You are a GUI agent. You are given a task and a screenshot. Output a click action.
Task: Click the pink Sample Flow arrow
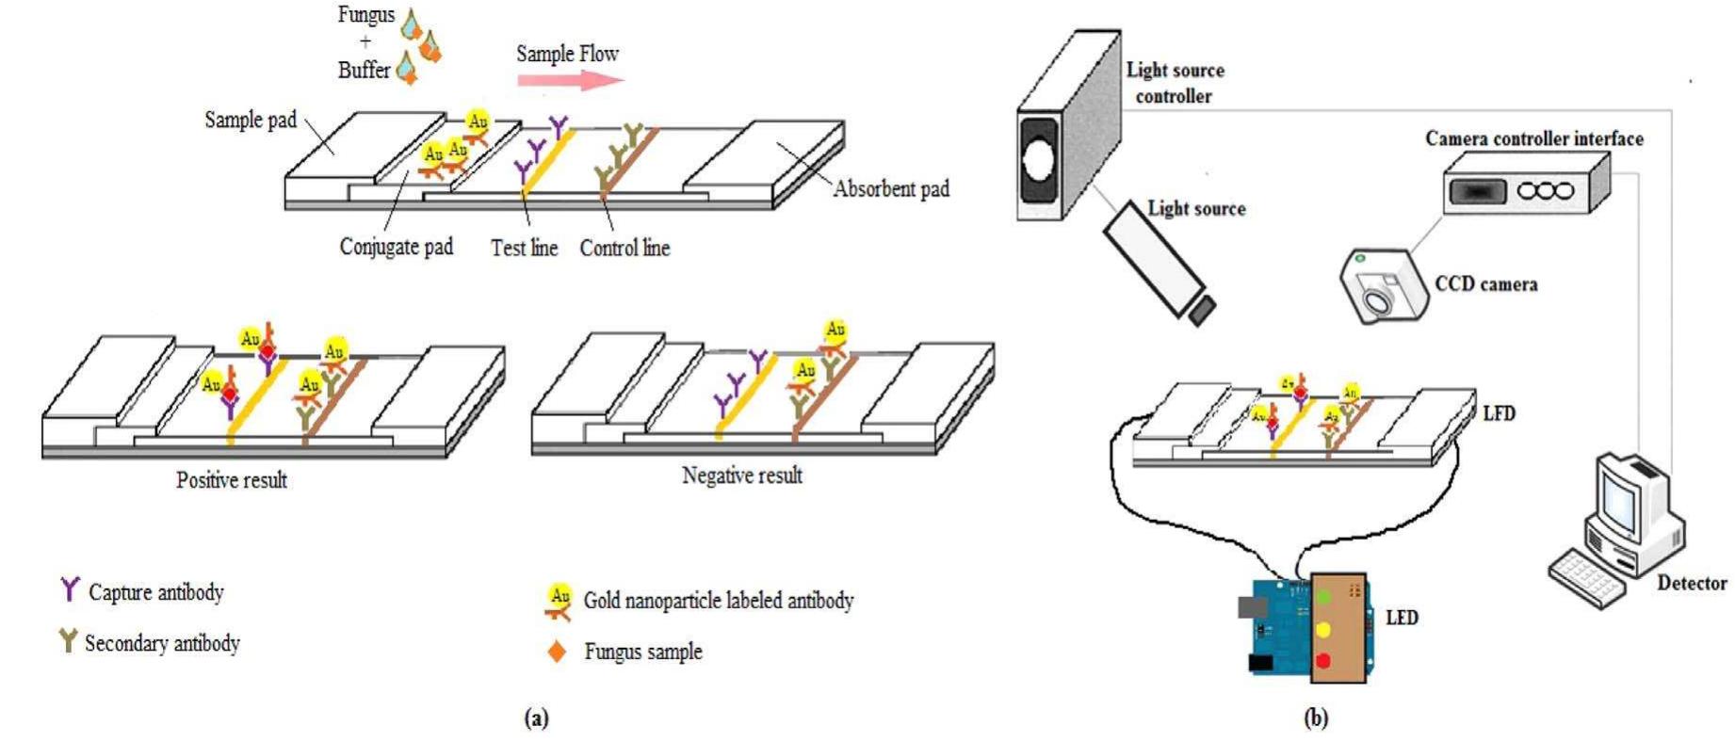570,79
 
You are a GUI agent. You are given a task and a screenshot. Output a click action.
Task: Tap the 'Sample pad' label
251,120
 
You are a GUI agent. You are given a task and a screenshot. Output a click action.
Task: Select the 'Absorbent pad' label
890,189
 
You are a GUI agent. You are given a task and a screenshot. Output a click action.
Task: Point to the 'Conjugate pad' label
396,247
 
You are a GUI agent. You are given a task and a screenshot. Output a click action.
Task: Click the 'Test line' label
524,248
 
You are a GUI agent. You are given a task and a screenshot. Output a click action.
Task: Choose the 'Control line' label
624,248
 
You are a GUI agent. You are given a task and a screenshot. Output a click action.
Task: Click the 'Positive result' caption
232,480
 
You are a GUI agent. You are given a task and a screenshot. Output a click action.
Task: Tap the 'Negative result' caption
741,475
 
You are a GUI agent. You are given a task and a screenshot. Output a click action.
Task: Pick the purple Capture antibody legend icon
70,589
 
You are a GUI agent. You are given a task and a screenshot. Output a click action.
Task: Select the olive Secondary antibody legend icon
68,640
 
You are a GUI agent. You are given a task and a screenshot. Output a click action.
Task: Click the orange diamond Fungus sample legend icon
557,652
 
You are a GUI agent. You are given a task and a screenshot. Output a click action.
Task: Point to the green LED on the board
1324,597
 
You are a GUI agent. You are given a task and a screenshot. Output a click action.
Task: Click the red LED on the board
1323,661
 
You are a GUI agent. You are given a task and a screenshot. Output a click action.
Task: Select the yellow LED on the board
1323,629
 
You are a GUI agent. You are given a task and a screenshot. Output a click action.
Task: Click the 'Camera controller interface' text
1533,138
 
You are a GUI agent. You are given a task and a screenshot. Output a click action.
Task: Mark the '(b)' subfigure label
1315,718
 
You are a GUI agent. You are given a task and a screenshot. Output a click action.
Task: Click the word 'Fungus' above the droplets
365,15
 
